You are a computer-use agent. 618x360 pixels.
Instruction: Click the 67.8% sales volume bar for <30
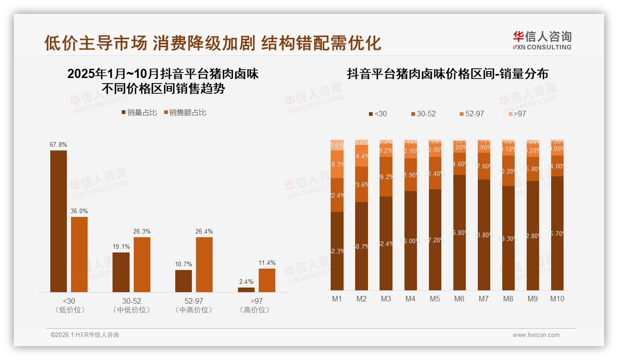(58, 221)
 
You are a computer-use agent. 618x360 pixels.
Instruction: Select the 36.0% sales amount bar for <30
(79, 254)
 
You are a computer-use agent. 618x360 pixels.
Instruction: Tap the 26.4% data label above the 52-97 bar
(204, 231)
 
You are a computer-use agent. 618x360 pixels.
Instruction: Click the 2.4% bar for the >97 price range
(246, 289)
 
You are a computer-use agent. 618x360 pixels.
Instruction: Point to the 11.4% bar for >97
(267, 280)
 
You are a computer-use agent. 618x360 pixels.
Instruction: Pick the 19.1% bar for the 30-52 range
(121, 272)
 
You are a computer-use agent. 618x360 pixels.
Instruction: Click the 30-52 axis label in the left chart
(131, 301)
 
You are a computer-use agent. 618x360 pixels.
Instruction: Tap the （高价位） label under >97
(254, 310)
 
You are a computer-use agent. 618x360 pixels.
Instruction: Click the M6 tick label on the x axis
(459, 299)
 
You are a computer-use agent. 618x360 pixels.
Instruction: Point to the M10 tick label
(557, 299)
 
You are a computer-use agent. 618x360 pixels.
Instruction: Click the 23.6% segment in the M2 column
(362, 184)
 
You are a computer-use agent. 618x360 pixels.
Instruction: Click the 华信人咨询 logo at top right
(542, 40)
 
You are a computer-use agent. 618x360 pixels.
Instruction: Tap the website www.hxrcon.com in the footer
(536, 335)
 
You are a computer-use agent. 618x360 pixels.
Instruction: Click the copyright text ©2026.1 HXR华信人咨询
(85, 335)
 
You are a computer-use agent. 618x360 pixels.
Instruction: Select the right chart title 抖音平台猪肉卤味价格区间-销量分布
(447, 74)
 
